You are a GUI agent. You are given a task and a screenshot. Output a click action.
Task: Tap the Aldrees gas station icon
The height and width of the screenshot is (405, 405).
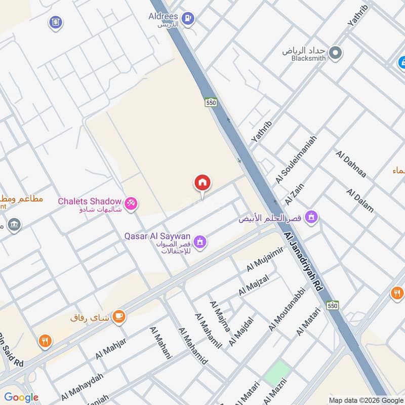point(188,19)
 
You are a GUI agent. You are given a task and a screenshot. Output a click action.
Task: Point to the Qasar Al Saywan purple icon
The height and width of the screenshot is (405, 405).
point(200,242)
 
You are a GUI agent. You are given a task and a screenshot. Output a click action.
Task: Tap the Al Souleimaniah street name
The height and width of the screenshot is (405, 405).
point(296,159)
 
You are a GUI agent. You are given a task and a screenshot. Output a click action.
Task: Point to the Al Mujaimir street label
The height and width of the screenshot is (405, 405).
point(264,259)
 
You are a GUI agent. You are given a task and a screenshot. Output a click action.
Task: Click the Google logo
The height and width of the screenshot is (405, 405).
point(22,397)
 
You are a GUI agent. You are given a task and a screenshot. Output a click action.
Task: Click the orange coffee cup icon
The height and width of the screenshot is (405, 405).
point(119,316)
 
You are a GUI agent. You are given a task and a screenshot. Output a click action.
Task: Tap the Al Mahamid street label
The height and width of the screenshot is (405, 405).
point(192,345)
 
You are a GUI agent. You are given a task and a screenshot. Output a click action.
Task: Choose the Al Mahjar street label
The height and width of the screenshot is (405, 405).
point(110,349)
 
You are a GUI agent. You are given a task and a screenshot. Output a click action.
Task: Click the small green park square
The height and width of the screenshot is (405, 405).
point(275,373)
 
